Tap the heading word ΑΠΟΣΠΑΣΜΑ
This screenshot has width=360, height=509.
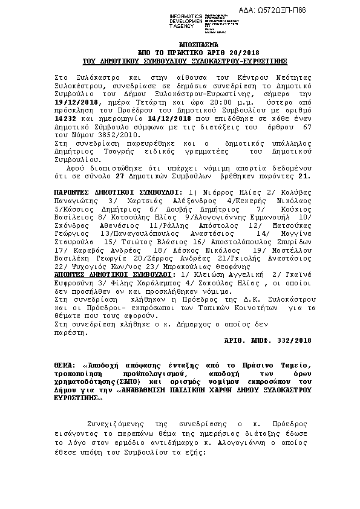pos(185,46)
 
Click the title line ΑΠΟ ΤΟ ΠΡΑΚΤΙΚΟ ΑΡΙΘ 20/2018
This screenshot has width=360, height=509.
pos(185,54)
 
